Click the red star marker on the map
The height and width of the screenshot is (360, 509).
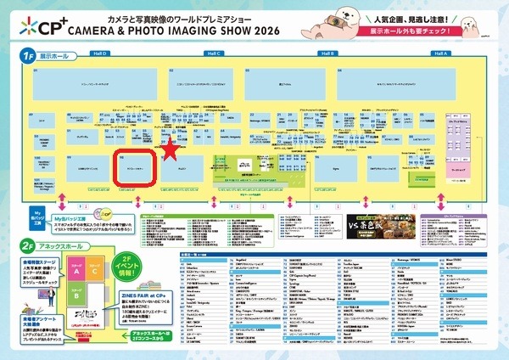click(x=171, y=149)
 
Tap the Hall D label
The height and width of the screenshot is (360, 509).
click(x=99, y=53)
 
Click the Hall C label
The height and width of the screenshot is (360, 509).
click(x=214, y=53)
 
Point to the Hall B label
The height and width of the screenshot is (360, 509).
click(x=327, y=53)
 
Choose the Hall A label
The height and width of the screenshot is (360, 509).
click(x=439, y=53)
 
